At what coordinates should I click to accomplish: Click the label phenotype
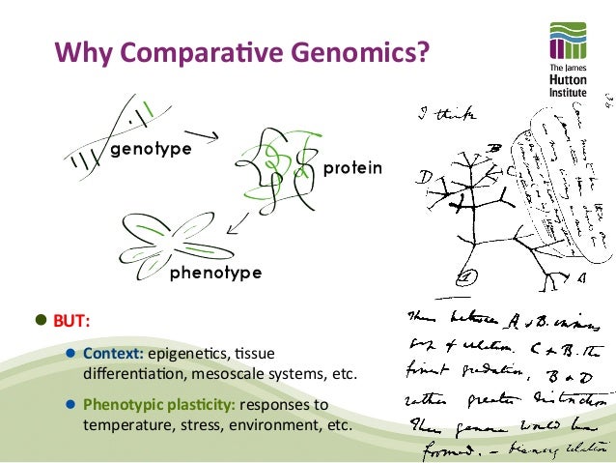(x=215, y=273)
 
